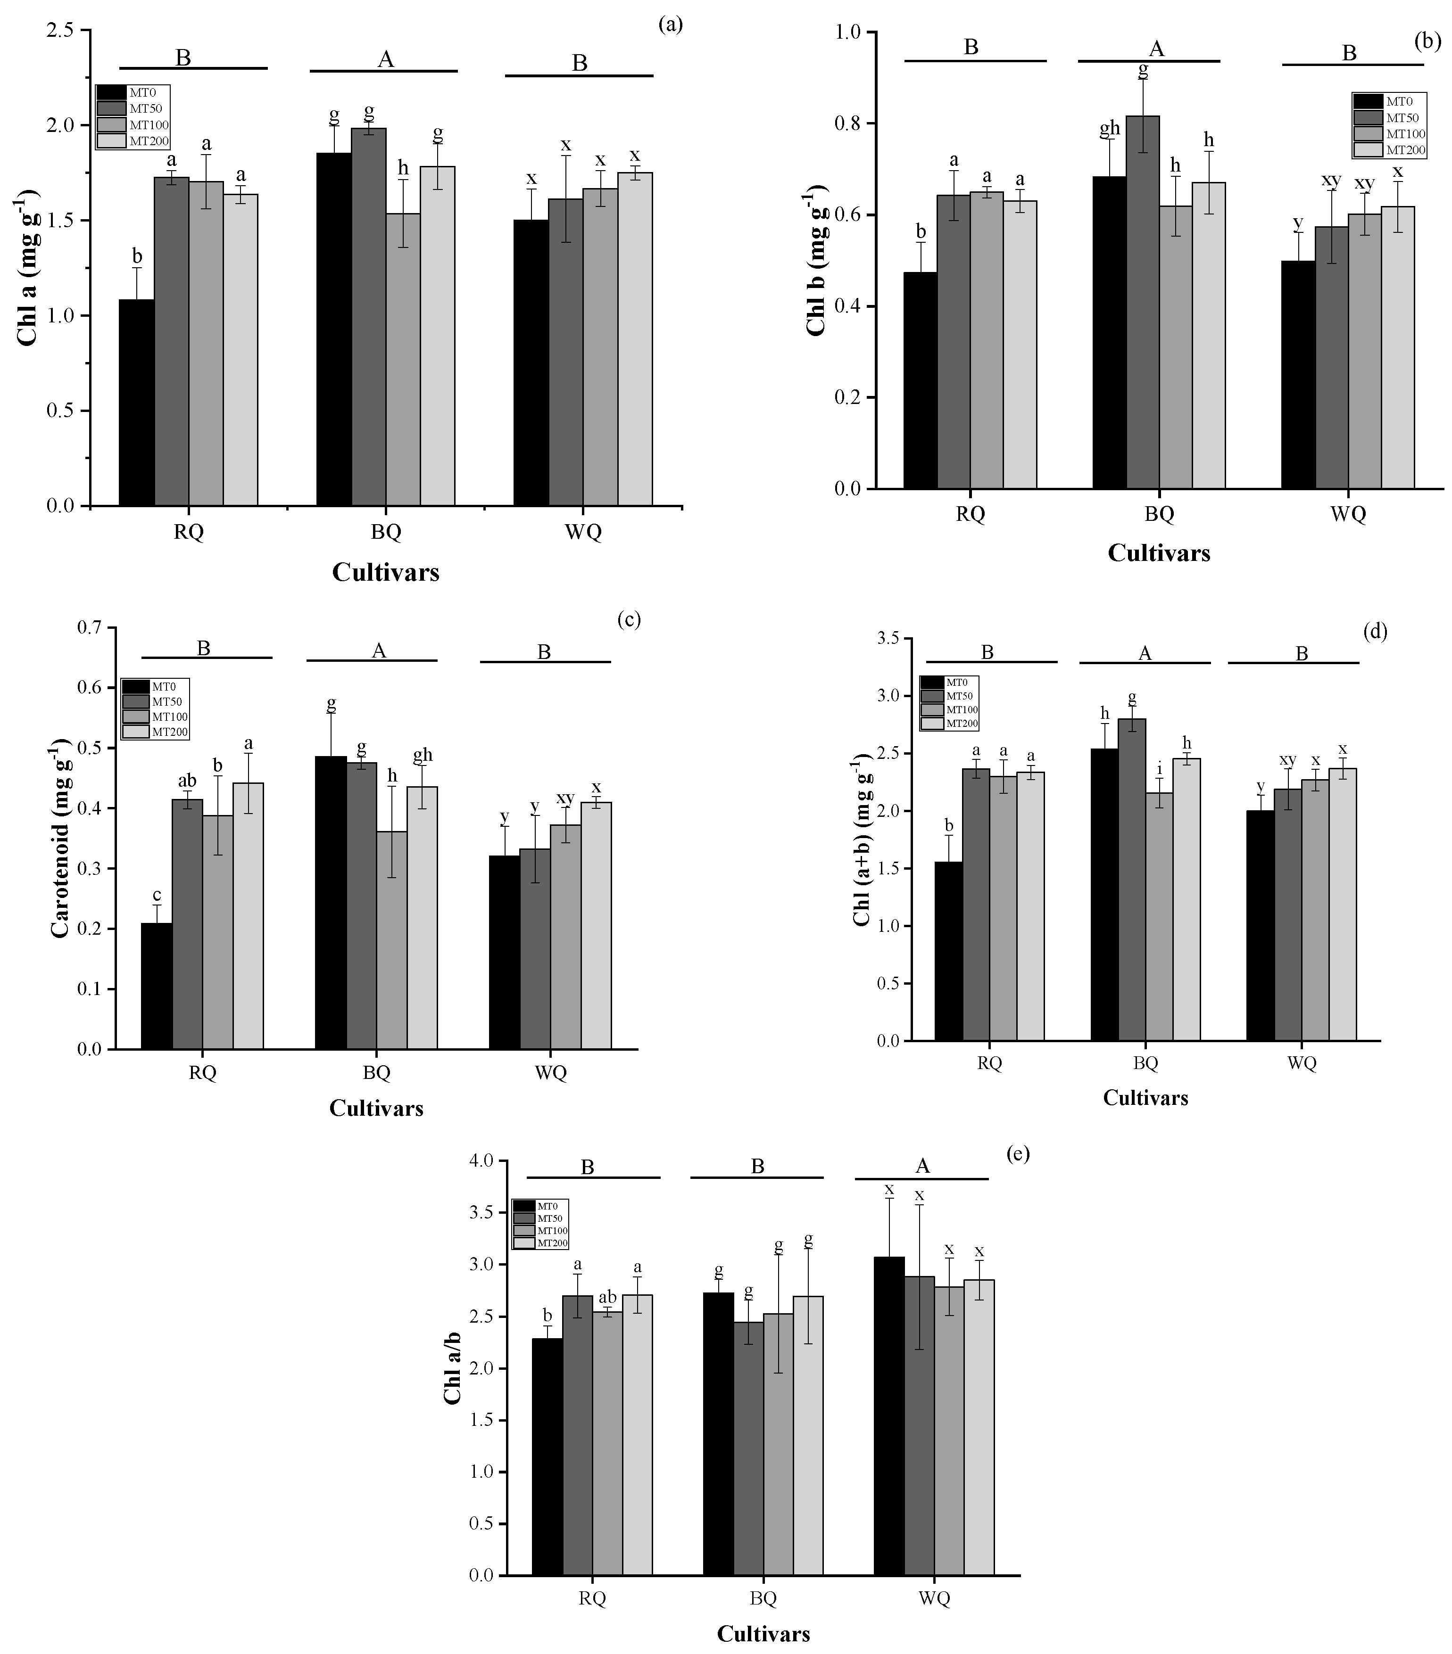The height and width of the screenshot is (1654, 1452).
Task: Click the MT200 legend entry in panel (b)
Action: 1405,150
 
